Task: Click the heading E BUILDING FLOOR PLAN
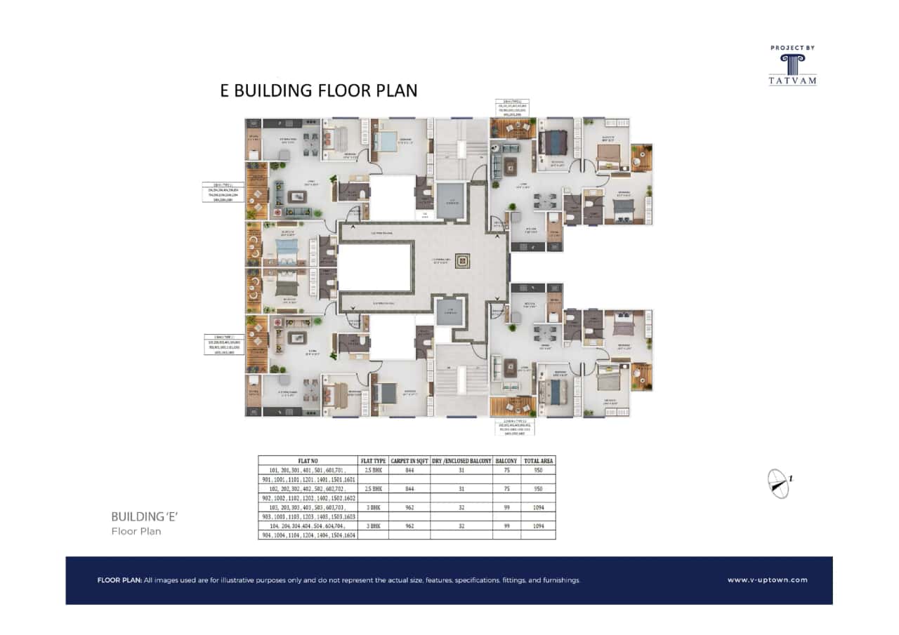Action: pos(319,91)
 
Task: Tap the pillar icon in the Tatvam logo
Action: pos(792,64)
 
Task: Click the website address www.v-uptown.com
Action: pos(767,580)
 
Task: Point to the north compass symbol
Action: pos(778,483)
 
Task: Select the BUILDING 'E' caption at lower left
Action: pos(145,516)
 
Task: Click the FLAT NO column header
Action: pos(308,461)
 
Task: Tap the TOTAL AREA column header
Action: pos(539,461)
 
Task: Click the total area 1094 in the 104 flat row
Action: pos(539,526)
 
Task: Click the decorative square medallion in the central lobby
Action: pos(462,261)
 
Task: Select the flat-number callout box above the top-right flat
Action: pos(512,108)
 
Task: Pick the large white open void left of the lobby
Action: pos(374,267)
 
